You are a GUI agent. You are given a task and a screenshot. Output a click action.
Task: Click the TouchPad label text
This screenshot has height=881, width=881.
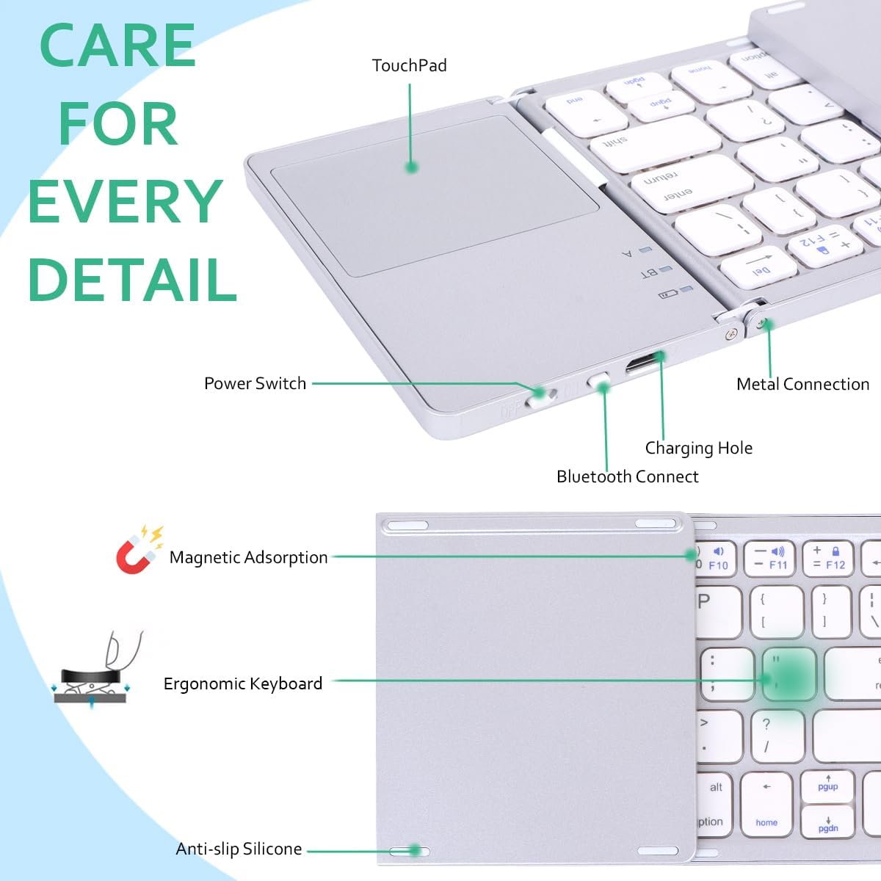pos(409,66)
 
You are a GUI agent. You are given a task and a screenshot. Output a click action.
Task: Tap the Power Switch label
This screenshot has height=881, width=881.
pos(255,383)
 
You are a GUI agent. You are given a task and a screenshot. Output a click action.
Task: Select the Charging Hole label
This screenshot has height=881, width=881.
pos(698,448)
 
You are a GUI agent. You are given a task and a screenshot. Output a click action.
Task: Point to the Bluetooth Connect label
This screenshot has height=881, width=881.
pos(627,476)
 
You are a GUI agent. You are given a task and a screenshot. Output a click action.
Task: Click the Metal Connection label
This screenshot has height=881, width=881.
pos(802,384)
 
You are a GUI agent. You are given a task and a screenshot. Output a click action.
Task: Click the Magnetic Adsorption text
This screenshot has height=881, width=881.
pos(248,557)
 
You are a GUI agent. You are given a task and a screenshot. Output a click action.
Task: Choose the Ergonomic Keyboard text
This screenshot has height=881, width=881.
pos(242,684)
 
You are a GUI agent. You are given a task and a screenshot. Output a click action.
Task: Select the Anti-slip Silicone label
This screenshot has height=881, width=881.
pos(239,849)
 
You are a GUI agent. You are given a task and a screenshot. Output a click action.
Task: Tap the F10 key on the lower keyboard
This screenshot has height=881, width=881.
pos(715,559)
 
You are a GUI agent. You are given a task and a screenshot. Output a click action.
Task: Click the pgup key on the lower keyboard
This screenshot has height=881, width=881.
pos(827,786)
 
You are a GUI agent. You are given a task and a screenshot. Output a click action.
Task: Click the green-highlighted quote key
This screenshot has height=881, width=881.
pos(787,672)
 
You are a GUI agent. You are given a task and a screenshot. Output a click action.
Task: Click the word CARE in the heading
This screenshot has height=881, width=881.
pos(117,46)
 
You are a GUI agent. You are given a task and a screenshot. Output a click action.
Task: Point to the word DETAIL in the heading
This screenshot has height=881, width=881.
pos(132,279)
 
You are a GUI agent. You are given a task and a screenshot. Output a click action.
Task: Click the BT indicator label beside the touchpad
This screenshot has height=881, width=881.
pos(649,273)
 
